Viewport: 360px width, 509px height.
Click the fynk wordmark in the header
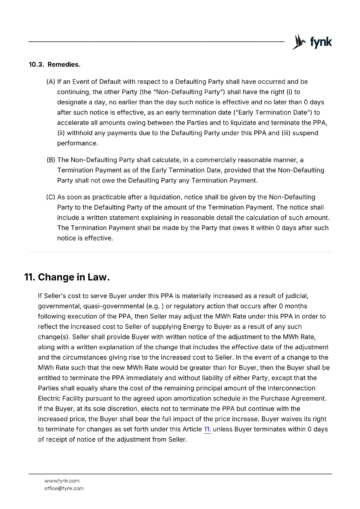321,42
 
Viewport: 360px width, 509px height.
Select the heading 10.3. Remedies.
54,65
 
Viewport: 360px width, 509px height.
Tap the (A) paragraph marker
51,82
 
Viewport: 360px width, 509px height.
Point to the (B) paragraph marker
51,160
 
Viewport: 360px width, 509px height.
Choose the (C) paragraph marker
51,197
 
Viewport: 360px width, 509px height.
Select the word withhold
80,133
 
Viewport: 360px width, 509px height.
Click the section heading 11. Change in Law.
67,277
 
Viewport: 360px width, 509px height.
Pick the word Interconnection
292,388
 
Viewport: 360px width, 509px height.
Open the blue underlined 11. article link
207,429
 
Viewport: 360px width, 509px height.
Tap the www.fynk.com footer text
62,481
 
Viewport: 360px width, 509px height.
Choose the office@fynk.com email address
64,488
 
